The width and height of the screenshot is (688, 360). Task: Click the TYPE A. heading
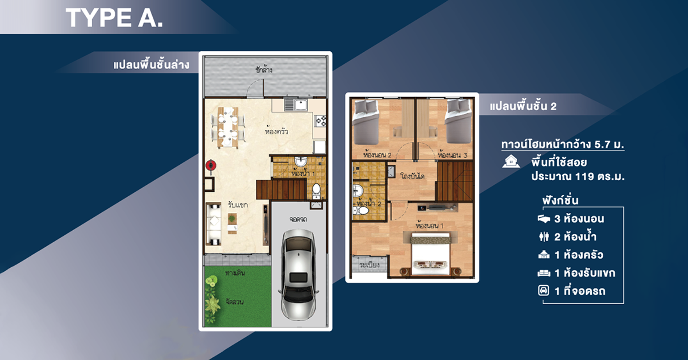pos(114,18)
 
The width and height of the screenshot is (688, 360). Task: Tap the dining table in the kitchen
pos(228,127)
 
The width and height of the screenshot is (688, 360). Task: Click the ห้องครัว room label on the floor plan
pos(277,132)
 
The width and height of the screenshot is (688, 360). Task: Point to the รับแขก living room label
pos(238,204)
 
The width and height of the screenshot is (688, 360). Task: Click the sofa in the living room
pos(213,224)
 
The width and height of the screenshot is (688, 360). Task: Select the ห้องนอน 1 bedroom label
pos(429,226)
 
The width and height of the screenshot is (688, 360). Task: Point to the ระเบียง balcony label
pos(369,265)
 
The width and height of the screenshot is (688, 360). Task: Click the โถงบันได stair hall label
pos(412,176)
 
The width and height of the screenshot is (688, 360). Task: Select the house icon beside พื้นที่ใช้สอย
pos(511,161)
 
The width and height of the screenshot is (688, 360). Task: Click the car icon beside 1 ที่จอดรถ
pos(544,291)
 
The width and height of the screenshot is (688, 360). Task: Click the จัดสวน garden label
pos(234,301)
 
